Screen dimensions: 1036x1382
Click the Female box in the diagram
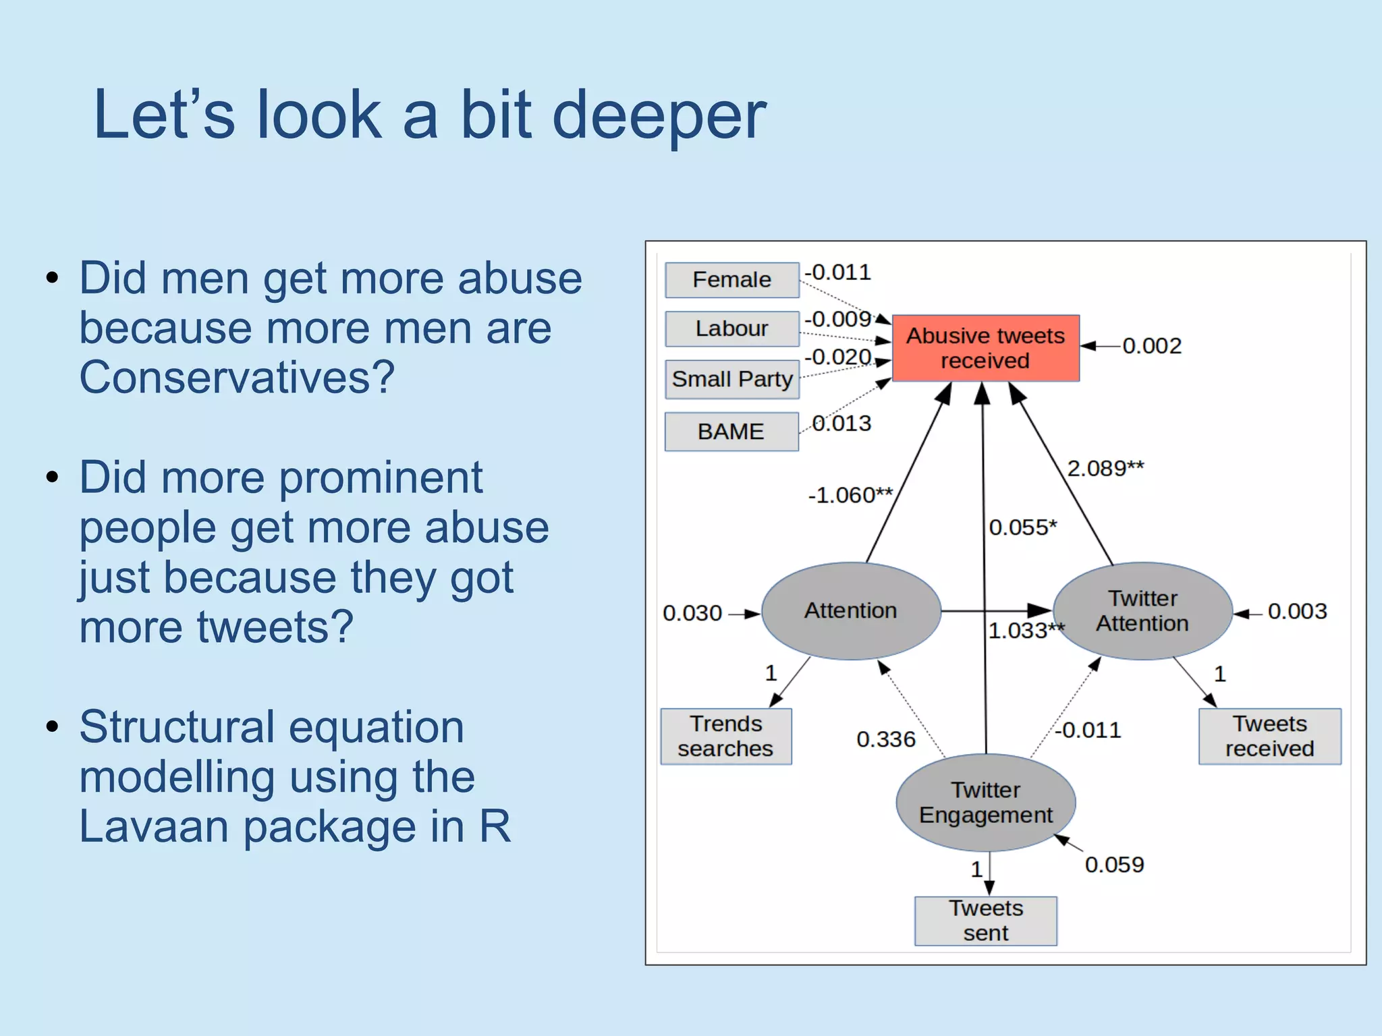tap(731, 280)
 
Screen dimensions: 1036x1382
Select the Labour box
tap(731, 328)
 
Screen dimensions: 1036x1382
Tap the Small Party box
tap(731, 379)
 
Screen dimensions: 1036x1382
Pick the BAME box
tap(731, 432)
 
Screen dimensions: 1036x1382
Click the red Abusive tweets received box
tap(985, 348)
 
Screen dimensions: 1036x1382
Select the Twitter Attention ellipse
tap(1142, 611)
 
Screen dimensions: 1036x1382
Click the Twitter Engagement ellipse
tap(985, 803)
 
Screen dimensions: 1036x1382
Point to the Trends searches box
tap(725, 737)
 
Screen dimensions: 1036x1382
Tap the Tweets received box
tap(1269, 737)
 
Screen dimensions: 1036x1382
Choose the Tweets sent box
tap(985, 921)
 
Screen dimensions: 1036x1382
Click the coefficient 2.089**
tap(1105, 468)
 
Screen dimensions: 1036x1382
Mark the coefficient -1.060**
tap(850, 496)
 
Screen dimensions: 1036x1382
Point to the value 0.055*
tap(1022, 527)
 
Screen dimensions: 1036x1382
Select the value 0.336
tap(885, 740)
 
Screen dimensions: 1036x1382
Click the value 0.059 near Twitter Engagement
tap(1114, 865)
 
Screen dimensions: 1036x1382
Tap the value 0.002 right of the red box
tap(1151, 346)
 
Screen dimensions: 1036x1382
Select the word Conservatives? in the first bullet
tap(237, 377)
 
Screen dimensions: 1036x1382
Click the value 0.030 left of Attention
tap(692, 613)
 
